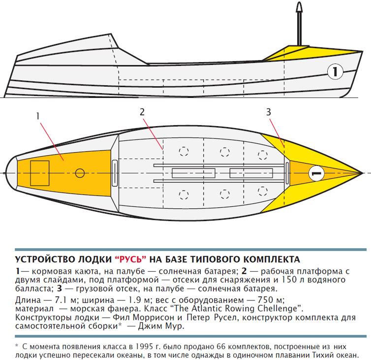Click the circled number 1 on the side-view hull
pos(335,71)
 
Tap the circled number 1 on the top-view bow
pos(316,173)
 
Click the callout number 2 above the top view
pos(142,112)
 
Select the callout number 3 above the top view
pos(268,112)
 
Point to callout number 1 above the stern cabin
pos(37,116)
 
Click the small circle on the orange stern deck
pos(80,173)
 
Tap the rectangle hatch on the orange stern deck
pos(40,173)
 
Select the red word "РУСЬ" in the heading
pos(130,260)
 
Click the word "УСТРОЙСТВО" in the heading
pos(45,260)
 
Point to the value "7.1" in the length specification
pos(61,300)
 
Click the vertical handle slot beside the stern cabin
pos(115,173)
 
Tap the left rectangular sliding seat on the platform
pos(193,173)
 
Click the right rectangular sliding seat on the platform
pos(251,173)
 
